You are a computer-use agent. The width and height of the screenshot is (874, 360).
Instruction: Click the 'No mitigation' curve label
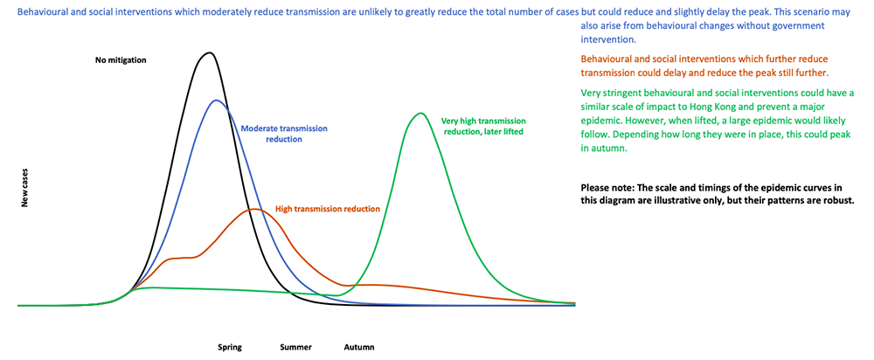click(121, 60)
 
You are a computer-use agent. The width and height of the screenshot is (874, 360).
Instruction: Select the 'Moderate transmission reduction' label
click(284, 134)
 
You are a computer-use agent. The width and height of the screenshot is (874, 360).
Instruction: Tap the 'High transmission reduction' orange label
click(327, 209)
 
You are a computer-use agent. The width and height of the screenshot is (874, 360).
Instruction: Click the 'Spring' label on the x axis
click(230, 347)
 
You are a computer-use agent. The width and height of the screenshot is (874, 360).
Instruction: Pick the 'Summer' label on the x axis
click(295, 347)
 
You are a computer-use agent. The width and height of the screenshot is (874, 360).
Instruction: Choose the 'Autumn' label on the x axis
click(358, 347)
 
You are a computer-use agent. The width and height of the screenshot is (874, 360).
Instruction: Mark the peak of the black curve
click(208, 52)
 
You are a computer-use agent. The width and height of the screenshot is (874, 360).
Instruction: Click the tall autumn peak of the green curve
click(420, 113)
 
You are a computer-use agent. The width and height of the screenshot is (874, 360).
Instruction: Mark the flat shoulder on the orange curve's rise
click(181, 258)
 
